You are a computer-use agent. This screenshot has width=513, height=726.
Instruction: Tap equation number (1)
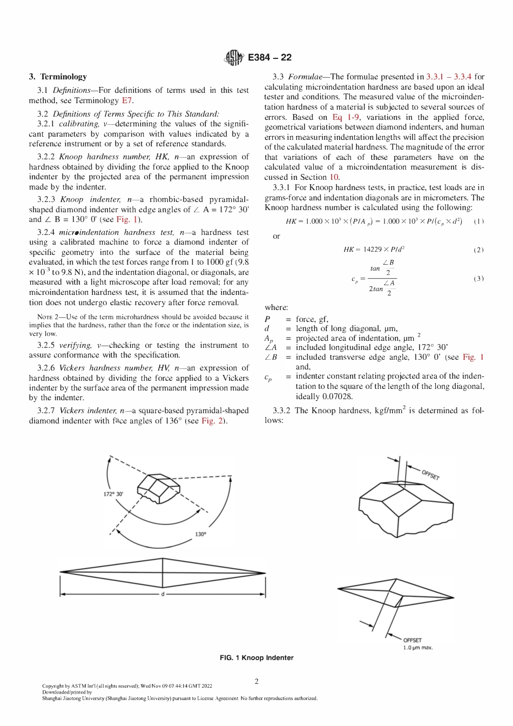coord(478,221)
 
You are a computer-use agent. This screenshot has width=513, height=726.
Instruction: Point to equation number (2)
coord(478,250)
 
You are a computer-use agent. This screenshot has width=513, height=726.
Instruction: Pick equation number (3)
coord(478,279)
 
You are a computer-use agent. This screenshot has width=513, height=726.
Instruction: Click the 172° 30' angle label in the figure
coord(113,494)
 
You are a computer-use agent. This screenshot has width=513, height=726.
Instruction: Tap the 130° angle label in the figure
coord(200,534)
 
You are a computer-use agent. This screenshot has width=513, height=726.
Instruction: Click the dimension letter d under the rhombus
coord(163,594)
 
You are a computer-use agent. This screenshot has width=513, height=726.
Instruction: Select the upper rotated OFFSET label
coord(430,474)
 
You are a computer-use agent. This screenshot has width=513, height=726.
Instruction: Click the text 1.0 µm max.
coord(417,647)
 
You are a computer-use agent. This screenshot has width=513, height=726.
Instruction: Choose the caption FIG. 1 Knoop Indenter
coord(256,658)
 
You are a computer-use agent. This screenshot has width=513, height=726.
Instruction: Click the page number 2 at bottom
coord(256,682)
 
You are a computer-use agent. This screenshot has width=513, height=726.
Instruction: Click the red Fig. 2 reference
coord(213,421)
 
